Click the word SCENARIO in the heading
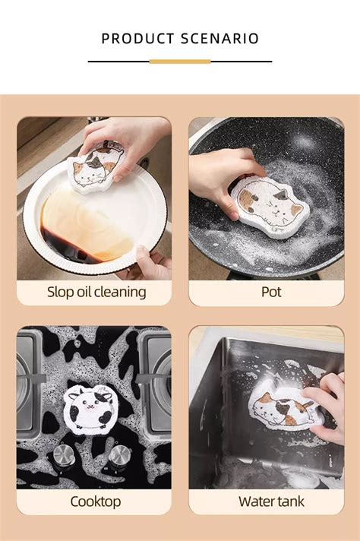[x=220, y=38]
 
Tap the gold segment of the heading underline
[x=180, y=61]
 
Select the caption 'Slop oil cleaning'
[x=96, y=292]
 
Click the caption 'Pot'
[x=270, y=292]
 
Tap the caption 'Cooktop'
[x=96, y=501]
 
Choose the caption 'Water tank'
[x=270, y=501]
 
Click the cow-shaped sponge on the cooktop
[x=88, y=410]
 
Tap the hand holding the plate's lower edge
[x=152, y=262]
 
